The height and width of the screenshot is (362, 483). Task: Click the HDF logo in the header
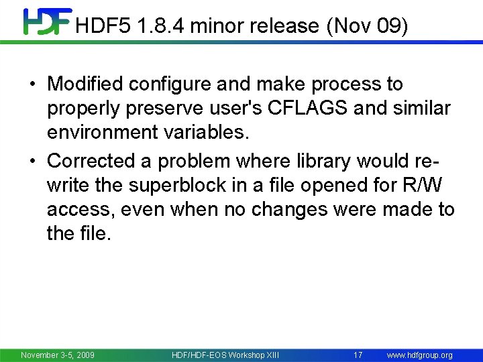point(46,21)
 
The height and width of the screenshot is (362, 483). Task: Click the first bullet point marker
point(33,84)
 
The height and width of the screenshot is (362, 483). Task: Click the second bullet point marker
point(33,162)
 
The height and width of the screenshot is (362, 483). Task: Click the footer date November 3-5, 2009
point(58,355)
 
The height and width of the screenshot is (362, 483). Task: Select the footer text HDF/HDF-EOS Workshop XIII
point(225,355)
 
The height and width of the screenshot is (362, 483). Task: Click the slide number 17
point(358,355)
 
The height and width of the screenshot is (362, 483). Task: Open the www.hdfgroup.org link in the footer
point(420,355)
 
